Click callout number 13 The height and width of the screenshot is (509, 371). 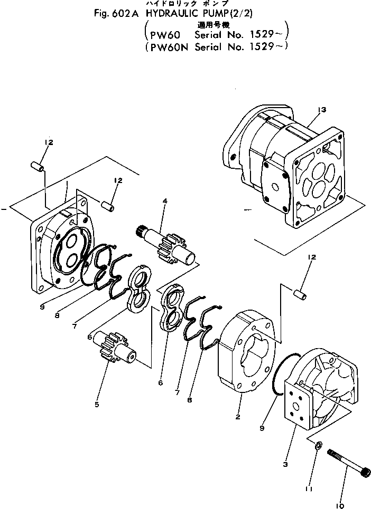point(322,110)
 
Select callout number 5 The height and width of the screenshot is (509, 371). point(97,405)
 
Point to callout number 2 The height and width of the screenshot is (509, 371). point(238,417)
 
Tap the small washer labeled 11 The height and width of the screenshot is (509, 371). point(317,446)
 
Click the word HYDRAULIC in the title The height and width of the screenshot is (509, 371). point(164,14)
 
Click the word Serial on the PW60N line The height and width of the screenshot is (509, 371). point(210,46)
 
